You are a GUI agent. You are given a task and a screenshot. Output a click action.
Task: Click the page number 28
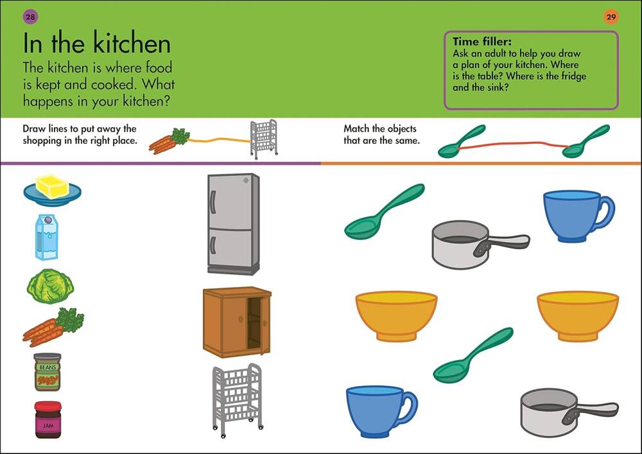click(30, 17)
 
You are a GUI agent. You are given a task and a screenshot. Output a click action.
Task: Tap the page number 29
click(611, 17)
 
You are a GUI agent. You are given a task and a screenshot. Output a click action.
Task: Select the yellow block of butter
click(53, 186)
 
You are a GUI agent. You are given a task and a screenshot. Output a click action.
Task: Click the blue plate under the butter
click(53, 196)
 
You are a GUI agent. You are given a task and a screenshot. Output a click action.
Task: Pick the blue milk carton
click(47, 238)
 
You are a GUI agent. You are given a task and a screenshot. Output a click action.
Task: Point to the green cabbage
click(50, 286)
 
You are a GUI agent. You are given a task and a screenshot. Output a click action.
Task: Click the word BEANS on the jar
click(48, 367)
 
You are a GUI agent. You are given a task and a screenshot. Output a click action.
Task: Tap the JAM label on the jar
click(48, 426)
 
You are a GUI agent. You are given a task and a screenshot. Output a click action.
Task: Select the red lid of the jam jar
click(48, 406)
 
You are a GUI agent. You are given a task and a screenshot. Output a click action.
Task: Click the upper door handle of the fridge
click(213, 202)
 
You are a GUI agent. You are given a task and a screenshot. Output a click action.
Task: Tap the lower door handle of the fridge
click(213, 245)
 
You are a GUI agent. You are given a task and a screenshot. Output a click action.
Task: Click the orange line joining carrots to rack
click(220, 140)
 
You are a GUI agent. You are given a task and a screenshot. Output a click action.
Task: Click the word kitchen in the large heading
click(132, 44)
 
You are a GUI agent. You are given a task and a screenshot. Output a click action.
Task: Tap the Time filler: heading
click(482, 41)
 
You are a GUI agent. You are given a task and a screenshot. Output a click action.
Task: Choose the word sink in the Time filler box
click(498, 87)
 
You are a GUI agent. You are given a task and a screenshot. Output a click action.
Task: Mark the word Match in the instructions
click(356, 128)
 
